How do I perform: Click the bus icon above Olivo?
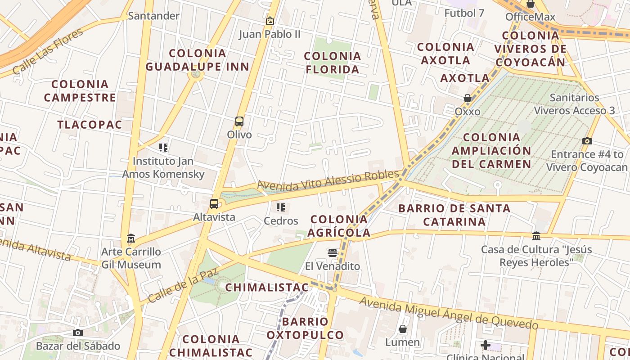tap(239, 121)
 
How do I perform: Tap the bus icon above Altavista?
tap(214, 204)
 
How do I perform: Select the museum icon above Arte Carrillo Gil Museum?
tap(131, 238)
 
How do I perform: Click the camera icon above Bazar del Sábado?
tap(78, 333)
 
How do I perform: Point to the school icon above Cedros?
tap(281, 207)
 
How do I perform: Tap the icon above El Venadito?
tap(333, 253)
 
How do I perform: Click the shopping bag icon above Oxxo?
tap(468, 98)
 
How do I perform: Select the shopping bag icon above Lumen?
tap(403, 329)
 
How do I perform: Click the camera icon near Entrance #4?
tap(587, 141)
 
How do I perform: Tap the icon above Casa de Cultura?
tap(536, 236)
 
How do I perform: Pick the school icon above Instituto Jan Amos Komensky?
tap(163, 147)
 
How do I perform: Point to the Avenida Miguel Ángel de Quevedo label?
tap(449, 314)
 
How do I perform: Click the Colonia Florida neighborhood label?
tap(333, 63)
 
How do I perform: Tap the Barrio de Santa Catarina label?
tap(454, 215)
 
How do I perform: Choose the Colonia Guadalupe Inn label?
tap(197, 60)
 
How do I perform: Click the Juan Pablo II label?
tap(270, 34)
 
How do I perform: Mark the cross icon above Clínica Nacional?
tap(485, 345)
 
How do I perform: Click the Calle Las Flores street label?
tap(48, 51)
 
